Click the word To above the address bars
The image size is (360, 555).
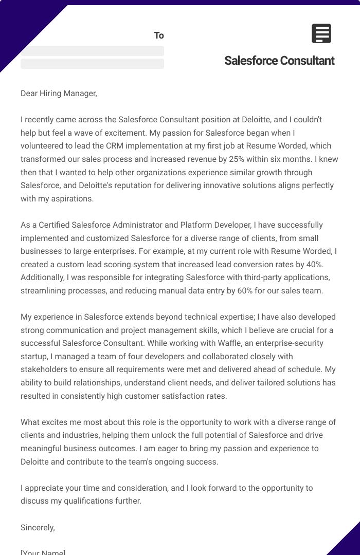point(159,35)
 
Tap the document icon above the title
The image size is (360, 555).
point(321,33)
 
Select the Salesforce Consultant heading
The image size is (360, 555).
point(279,61)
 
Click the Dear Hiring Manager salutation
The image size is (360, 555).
point(59,93)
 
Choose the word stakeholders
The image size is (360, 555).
point(44,369)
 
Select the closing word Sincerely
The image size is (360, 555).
point(38,527)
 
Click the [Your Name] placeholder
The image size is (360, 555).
point(43,552)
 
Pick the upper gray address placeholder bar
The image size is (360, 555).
point(92,51)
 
